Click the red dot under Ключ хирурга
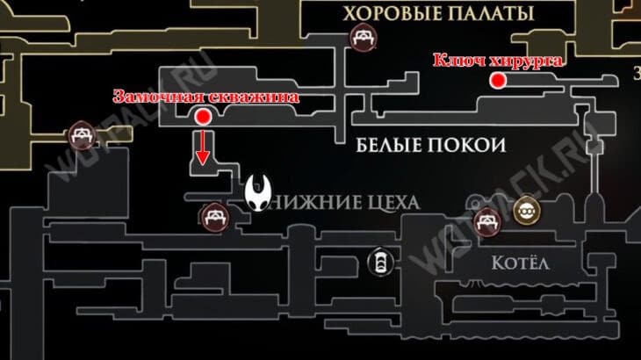[498, 81]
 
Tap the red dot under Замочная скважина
[203, 117]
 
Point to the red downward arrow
[202, 148]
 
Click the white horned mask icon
[257, 192]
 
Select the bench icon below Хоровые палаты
[363, 38]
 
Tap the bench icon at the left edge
[83, 135]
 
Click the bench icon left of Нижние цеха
[215, 217]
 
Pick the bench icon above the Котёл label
[486, 222]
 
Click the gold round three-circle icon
[527, 211]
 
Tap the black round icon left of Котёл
[380, 262]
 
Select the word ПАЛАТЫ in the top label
[487, 13]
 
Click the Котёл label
[520, 263]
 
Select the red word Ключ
[458, 61]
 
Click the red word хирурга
[526, 61]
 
